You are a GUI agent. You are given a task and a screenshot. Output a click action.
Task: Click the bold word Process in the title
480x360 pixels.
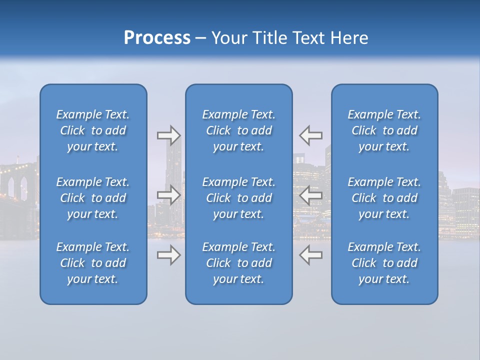(x=157, y=38)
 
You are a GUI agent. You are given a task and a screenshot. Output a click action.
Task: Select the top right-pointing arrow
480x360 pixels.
(x=168, y=135)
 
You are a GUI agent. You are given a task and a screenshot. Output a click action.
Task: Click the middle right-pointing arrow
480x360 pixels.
(x=168, y=195)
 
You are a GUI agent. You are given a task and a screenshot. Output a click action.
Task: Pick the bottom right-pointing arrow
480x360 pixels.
(x=168, y=255)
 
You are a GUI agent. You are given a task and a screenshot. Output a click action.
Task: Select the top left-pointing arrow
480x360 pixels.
(x=311, y=135)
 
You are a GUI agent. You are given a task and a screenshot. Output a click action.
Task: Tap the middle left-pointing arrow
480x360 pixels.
(x=311, y=195)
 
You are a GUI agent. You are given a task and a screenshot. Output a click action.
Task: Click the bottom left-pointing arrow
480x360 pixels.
(x=311, y=255)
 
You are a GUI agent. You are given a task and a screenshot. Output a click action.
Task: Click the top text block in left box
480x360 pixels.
(x=93, y=130)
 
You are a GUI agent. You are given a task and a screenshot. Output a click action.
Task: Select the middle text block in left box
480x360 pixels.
(x=93, y=198)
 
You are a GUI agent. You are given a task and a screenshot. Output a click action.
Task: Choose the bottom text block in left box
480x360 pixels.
(x=93, y=263)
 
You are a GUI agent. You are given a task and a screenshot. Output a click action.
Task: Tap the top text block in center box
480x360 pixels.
(x=238, y=130)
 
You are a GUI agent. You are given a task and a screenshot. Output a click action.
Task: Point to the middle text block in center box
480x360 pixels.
(x=238, y=198)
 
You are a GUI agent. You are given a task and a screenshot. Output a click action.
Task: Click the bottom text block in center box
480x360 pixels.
(x=238, y=263)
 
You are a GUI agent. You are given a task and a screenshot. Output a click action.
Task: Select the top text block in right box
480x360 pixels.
(x=384, y=130)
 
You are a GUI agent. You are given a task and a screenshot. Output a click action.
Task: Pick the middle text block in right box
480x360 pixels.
(x=384, y=198)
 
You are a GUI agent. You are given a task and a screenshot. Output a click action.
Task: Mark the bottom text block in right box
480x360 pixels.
(x=384, y=263)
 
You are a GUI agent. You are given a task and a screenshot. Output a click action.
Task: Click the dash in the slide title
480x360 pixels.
(x=201, y=38)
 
